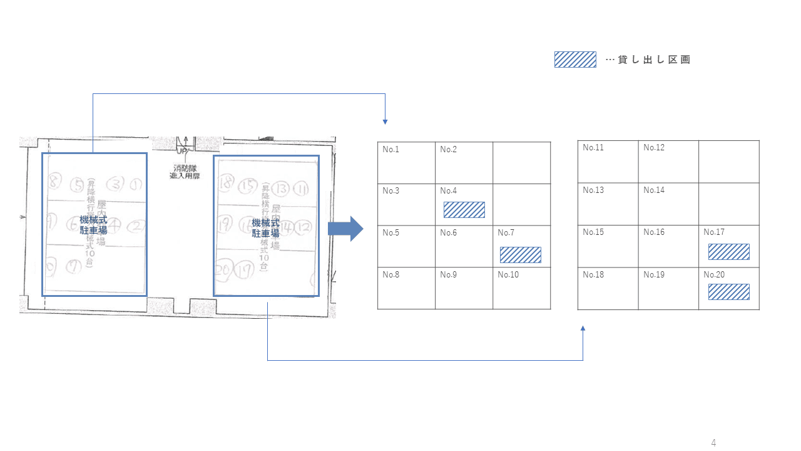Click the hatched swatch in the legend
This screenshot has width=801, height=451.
click(575, 60)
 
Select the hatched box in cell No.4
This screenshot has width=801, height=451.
click(464, 210)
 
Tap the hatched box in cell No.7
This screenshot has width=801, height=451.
click(521, 255)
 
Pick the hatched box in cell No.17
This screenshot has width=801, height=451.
click(728, 252)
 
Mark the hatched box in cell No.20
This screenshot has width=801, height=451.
click(728, 292)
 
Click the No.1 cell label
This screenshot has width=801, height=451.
click(390, 149)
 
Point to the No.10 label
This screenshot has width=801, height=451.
click(508, 275)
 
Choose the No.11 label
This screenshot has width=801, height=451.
click(593, 148)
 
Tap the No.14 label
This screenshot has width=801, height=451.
click(654, 190)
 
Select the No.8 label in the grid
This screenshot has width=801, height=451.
click(390, 275)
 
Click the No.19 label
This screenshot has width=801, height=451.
click(654, 275)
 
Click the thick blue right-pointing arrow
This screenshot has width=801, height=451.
click(345, 229)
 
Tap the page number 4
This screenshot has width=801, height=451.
click(713, 443)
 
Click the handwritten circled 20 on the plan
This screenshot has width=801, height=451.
click(224, 270)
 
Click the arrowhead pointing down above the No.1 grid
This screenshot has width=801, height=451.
click(385, 122)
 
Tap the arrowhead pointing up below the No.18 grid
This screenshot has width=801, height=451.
click(583, 328)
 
